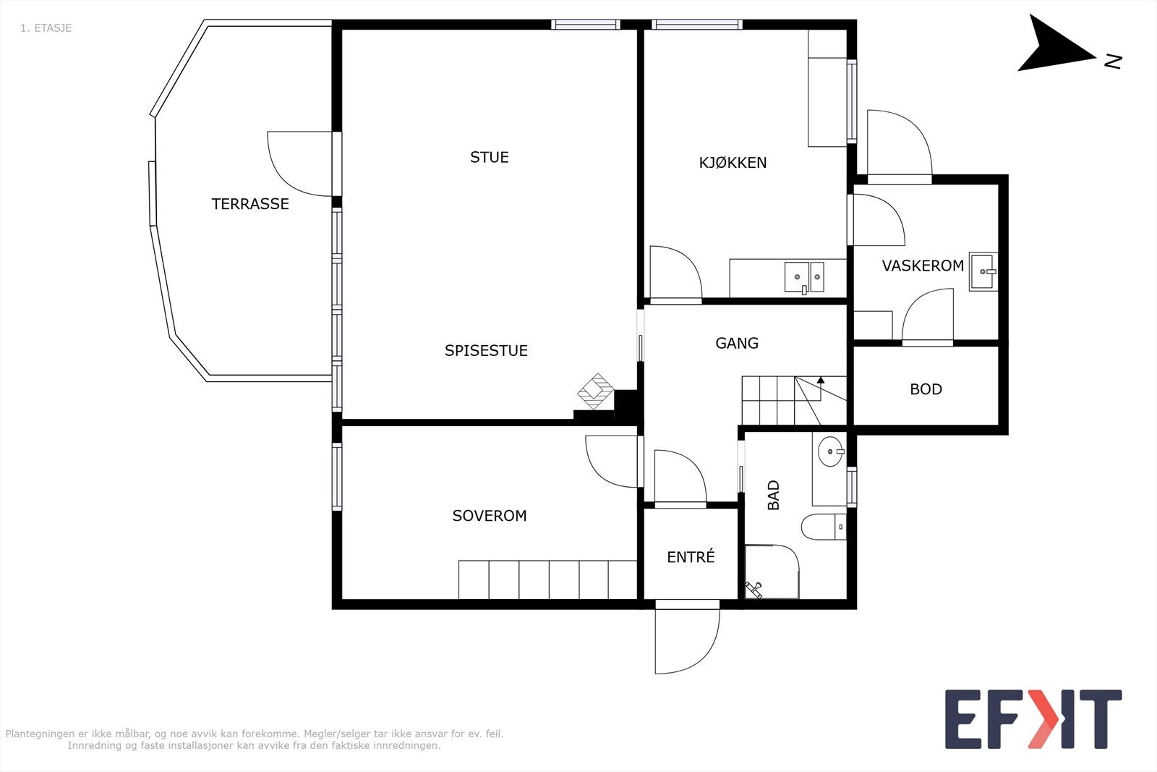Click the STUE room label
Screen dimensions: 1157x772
pyautogui.click(x=489, y=157)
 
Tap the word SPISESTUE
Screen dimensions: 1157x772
pyautogui.click(x=486, y=351)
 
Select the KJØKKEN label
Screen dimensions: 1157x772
pyautogui.click(x=733, y=163)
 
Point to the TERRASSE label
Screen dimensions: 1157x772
pyautogui.click(x=250, y=204)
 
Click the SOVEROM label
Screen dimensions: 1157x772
pyautogui.click(x=489, y=516)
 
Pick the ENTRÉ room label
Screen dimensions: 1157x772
pyautogui.click(x=691, y=556)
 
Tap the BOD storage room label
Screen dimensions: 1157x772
pyautogui.click(x=926, y=389)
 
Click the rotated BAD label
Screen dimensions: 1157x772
pyautogui.click(x=773, y=495)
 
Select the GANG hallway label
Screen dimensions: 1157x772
pyautogui.click(x=737, y=343)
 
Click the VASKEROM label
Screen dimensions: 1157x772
pyautogui.click(x=923, y=266)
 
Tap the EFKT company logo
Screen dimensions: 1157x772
pyautogui.click(x=1033, y=718)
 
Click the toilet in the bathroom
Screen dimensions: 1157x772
pyautogui.click(x=824, y=527)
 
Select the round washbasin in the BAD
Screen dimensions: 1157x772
pyautogui.click(x=831, y=451)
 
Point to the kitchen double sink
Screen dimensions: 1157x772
pyautogui.click(x=804, y=278)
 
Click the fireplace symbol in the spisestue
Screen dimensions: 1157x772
pyautogui.click(x=596, y=391)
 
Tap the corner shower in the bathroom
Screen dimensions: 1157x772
pyautogui.click(x=772, y=572)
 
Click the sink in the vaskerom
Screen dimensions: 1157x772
pyautogui.click(x=983, y=272)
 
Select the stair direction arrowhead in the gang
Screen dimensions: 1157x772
pyautogui.click(x=820, y=381)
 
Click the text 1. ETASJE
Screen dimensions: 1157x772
pyautogui.click(x=46, y=28)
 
